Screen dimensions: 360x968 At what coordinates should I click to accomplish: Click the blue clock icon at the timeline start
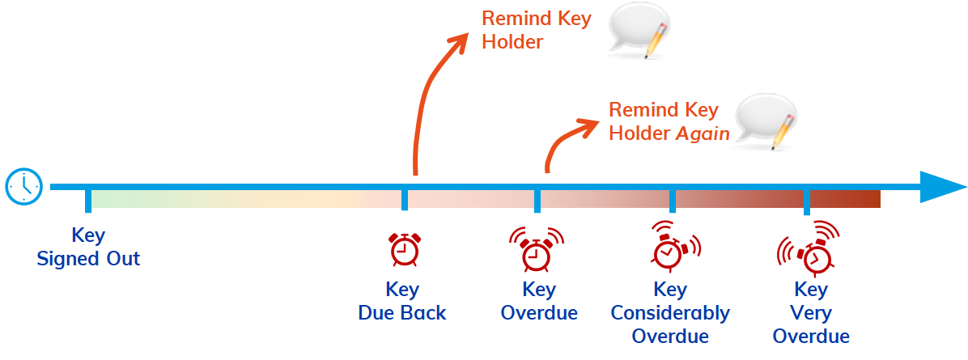coord(23,187)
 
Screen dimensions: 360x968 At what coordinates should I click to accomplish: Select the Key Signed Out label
coord(88,248)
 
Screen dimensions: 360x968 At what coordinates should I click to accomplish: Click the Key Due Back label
coord(402,301)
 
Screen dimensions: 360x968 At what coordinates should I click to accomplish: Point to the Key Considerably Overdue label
coord(670,312)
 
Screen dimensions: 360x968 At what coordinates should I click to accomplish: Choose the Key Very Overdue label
coord(811,312)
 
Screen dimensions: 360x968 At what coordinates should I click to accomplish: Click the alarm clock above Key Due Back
coord(403,249)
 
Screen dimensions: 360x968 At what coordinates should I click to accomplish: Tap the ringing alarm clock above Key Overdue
coord(536,249)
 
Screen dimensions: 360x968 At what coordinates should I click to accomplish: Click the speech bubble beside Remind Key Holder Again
coord(770,121)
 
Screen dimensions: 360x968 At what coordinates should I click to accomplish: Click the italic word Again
coord(703,133)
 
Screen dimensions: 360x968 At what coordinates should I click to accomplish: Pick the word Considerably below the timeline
coord(670,312)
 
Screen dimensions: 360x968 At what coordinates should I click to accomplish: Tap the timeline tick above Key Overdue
coord(537,200)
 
